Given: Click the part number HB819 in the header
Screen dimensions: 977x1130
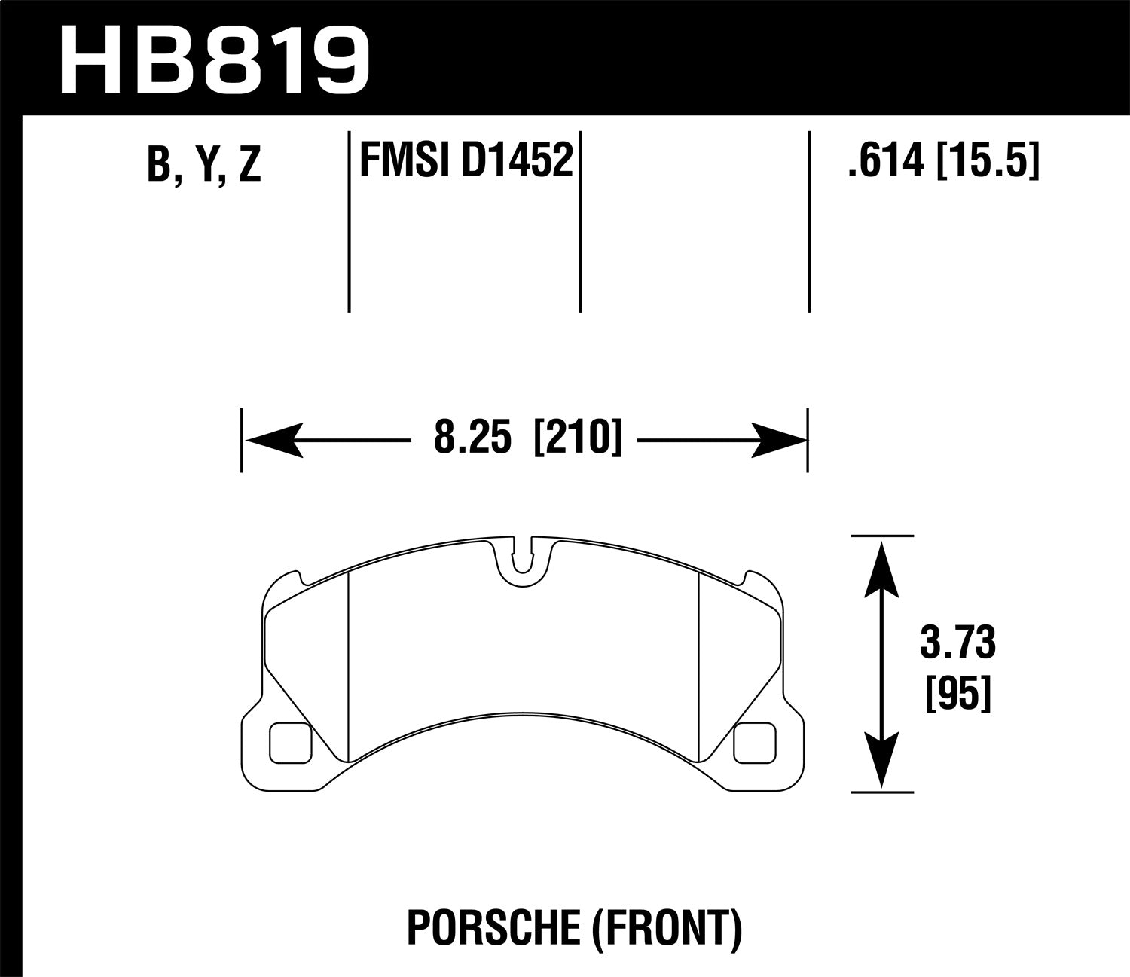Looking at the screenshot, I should pos(215,59).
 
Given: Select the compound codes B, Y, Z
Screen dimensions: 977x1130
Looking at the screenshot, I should pos(204,164).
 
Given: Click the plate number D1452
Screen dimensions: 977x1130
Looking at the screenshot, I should pos(516,160).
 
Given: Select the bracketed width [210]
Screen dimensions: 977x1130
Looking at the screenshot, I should pos(578,439).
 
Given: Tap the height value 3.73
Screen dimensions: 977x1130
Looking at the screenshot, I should pos(957,645).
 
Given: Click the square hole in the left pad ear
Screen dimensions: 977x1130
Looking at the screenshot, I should pos(290,741).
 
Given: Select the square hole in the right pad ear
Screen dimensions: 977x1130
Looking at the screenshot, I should pos(754,741).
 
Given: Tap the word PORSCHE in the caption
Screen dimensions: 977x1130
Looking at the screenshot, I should pos(490,929).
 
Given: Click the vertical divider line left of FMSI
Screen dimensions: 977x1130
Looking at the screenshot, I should pos(349,221).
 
